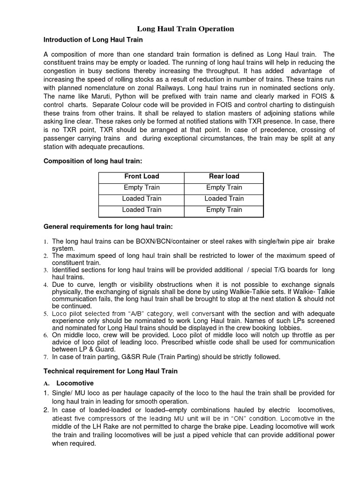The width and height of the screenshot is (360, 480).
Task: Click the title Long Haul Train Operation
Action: tap(185, 29)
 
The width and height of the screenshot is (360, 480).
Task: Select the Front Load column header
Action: tap(142, 176)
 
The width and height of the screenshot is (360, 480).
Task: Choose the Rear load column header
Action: tap(224, 176)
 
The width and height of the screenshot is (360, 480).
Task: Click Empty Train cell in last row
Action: tap(224, 210)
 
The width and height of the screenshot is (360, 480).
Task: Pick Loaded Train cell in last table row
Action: tap(142, 210)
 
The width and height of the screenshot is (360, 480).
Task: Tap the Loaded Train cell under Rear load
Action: tap(224, 198)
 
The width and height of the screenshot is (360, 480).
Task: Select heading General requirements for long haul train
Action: tap(108, 227)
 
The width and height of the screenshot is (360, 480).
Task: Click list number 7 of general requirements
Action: tap(45, 357)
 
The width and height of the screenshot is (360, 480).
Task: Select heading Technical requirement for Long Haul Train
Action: tap(111, 371)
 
